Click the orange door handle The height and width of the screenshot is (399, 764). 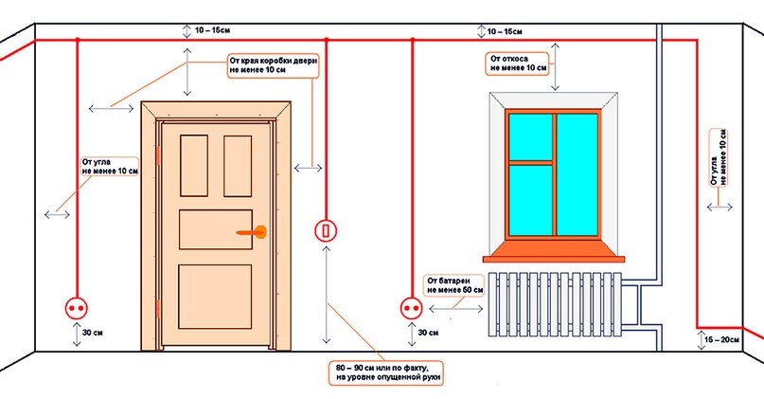click(x=257, y=230)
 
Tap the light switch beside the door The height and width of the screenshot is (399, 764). click(x=325, y=229)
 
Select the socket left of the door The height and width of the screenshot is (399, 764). click(x=75, y=306)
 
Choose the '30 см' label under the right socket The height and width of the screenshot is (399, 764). click(x=429, y=333)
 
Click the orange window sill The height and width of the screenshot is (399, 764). click(x=555, y=251)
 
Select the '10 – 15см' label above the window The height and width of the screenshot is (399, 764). click(x=506, y=32)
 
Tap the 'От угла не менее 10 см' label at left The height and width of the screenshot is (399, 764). click(x=110, y=167)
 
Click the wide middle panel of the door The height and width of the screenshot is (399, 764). click(x=216, y=228)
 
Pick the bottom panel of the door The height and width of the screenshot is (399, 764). click(x=216, y=297)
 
